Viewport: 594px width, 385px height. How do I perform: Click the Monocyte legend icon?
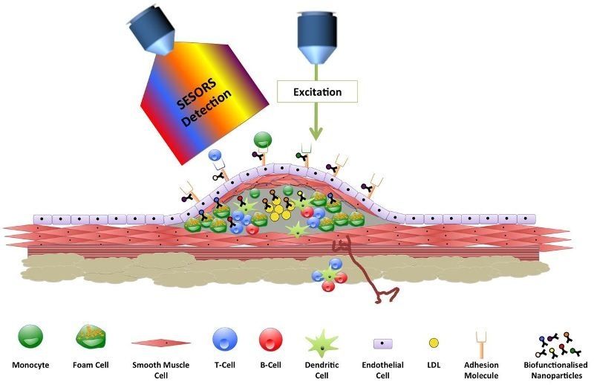click(29, 337)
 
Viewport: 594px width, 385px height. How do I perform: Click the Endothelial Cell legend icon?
click(382, 343)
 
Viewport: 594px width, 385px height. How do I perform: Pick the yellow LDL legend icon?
click(433, 343)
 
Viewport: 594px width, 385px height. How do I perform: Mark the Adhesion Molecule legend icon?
click(480, 340)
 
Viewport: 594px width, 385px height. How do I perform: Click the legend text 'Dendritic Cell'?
click(322, 370)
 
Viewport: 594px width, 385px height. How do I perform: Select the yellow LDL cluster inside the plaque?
click(276, 209)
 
